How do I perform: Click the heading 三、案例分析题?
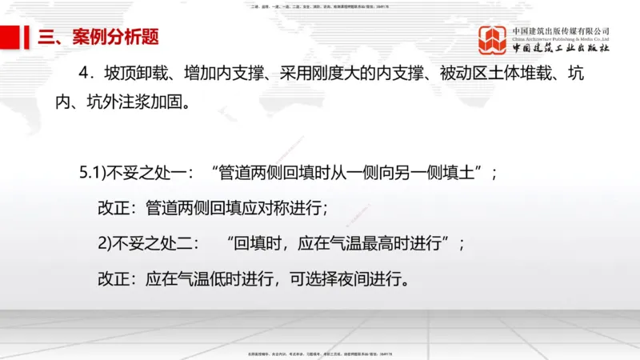click(x=98, y=36)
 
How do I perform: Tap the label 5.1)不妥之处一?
click(x=133, y=173)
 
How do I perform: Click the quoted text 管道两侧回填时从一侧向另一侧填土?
click(x=349, y=173)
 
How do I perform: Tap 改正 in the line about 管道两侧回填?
click(x=113, y=208)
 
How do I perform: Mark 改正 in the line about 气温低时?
click(x=113, y=279)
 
